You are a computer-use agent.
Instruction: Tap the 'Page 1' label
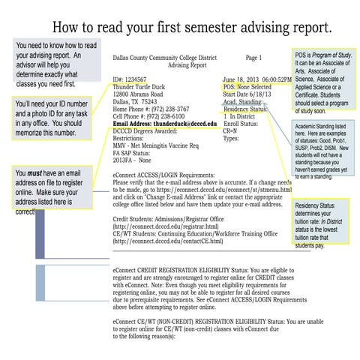pyautogui.click(x=253, y=57)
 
